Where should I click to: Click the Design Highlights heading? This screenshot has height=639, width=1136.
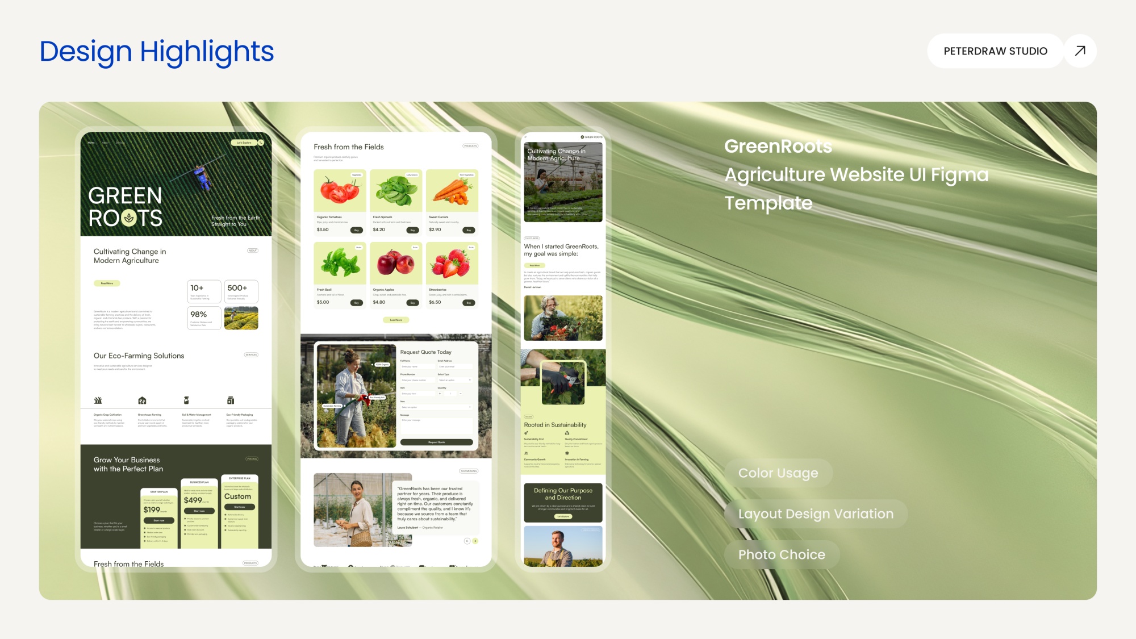pyautogui.click(x=157, y=52)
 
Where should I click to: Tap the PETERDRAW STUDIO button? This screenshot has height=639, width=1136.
pyautogui.click(x=995, y=51)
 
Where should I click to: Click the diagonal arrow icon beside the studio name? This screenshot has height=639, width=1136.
pyautogui.click(x=1080, y=51)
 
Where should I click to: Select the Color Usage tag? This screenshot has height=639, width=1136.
pyautogui.click(x=778, y=473)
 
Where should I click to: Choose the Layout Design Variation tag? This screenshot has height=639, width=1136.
pyautogui.click(x=816, y=514)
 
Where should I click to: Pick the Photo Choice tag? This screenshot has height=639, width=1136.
pyautogui.click(x=782, y=555)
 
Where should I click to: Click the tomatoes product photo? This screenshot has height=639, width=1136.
pyautogui.click(x=340, y=191)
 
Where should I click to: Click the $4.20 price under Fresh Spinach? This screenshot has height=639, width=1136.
pyautogui.click(x=379, y=230)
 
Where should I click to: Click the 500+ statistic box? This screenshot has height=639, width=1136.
pyautogui.click(x=241, y=291)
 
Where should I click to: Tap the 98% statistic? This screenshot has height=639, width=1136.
pyautogui.click(x=199, y=315)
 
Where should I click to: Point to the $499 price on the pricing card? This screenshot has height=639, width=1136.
pyautogui.click(x=193, y=500)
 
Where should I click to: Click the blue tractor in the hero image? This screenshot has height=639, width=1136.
pyautogui.click(x=202, y=178)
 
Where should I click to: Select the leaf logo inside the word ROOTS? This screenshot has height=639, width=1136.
pyautogui.click(x=129, y=218)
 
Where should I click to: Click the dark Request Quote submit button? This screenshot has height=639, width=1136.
pyautogui.click(x=436, y=442)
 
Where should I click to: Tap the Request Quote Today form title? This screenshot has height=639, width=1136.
pyautogui.click(x=426, y=352)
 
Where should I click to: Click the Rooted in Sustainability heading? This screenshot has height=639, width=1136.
pyautogui.click(x=555, y=425)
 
